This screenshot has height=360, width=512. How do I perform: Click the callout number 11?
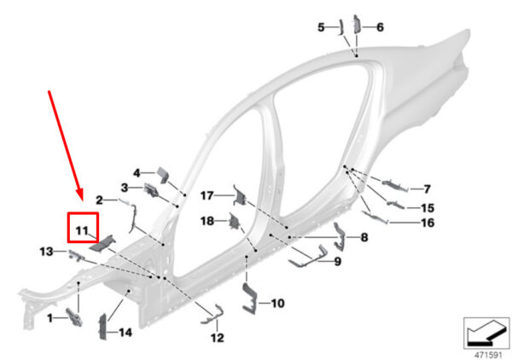(82, 230)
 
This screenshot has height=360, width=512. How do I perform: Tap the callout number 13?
(46, 252)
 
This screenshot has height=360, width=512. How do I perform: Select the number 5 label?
(322, 27)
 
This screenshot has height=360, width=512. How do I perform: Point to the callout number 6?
(380, 27)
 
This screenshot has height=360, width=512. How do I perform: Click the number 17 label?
(207, 195)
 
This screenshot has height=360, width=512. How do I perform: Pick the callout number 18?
(207, 221)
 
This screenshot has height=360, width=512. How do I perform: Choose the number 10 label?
(277, 303)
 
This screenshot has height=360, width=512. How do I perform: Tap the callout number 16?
(428, 223)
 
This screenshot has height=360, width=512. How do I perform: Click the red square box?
(83, 227)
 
